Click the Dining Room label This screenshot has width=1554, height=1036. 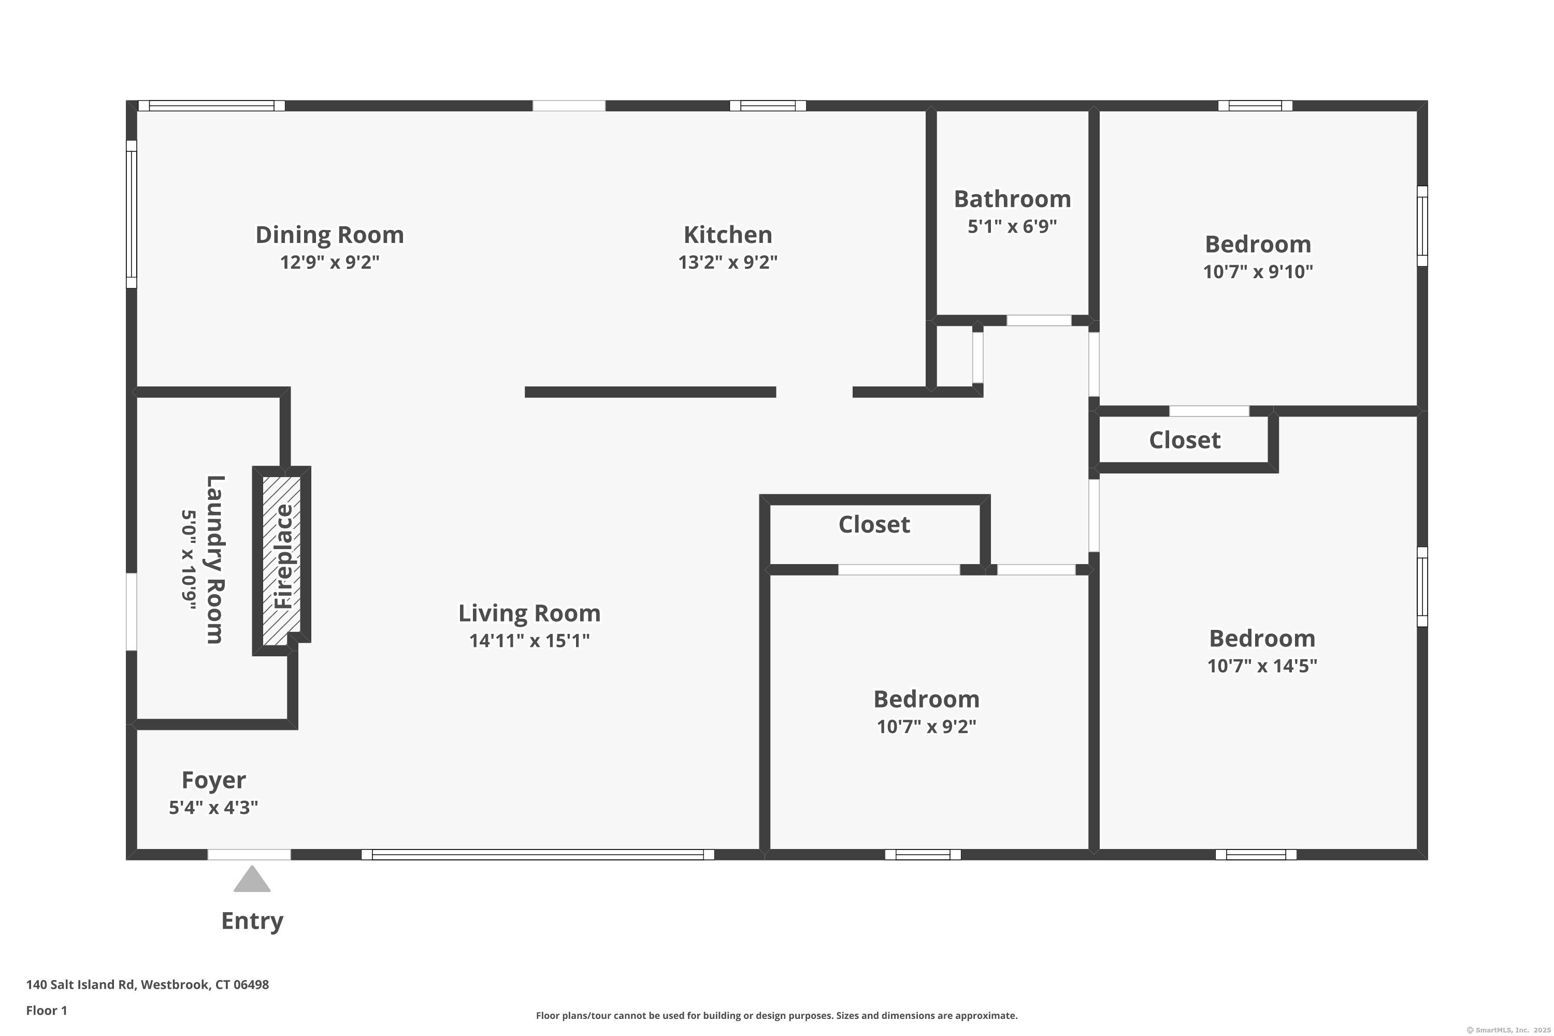(329, 235)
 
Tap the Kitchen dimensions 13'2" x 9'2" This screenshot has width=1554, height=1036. (727, 262)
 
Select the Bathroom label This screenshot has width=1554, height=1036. (1012, 199)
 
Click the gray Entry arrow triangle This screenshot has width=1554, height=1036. (252, 880)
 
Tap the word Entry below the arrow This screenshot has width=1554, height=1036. (252, 921)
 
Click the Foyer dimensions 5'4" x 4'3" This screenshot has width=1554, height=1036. (213, 808)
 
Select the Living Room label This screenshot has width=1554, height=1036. (529, 613)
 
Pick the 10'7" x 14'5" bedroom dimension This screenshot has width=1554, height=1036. (1262, 666)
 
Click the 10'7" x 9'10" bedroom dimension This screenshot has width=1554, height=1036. (1258, 271)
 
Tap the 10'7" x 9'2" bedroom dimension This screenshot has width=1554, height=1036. (926, 727)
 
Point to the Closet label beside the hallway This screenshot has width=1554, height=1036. (1185, 440)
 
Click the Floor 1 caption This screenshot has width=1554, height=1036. (46, 1010)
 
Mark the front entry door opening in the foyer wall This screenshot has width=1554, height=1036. (249, 854)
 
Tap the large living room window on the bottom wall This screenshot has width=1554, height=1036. (538, 854)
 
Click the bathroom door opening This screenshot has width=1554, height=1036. (1039, 321)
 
